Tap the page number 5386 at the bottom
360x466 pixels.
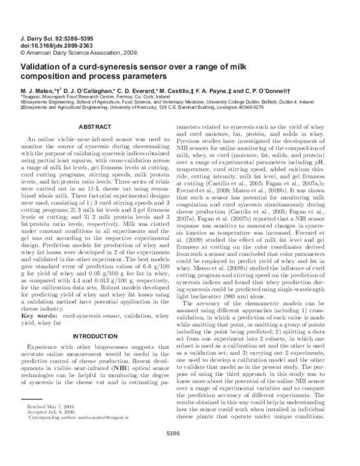(179, 447)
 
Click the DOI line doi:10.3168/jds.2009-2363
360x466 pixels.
(50, 45)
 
